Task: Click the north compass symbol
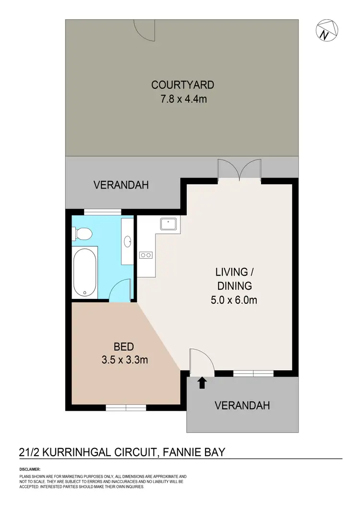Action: [x=326, y=31]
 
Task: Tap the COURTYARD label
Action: [x=182, y=85]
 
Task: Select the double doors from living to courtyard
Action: [x=240, y=171]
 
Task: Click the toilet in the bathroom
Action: [x=83, y=234]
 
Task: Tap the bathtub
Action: [x=84, y=272]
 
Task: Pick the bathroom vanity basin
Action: [x=128, y=241]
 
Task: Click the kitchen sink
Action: [x=169, y=224]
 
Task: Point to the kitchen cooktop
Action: [x=145, y=255]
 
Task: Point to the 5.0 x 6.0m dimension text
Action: [x=234, y=301]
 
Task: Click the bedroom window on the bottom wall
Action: [x=126, y=408]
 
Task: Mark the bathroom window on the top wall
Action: [x=103, y=212]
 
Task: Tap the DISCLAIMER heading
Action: [x=30, y=469]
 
